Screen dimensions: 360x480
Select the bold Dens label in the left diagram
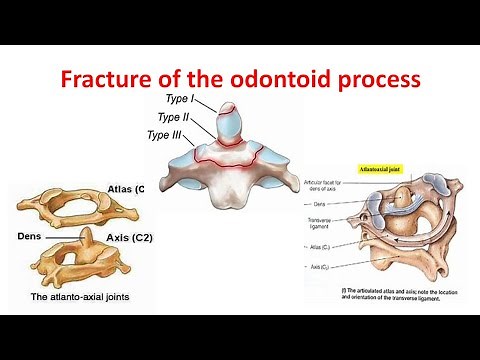[x=28, y=238]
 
